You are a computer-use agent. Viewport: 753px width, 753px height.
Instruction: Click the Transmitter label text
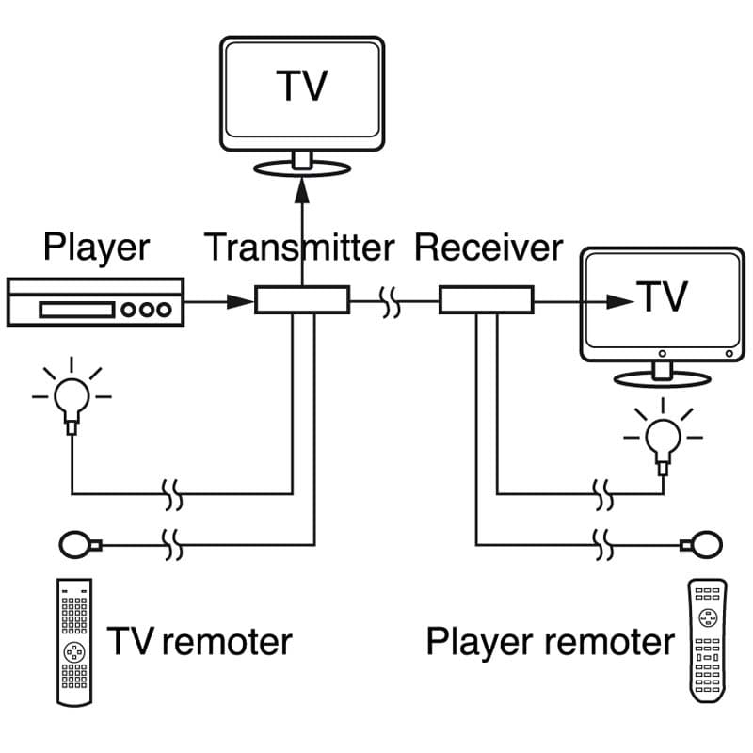[299, 248]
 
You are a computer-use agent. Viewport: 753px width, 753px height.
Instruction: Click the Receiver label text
[489, 248]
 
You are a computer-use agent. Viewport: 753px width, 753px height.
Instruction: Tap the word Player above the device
[96, 248]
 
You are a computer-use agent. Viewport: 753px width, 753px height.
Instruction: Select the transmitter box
[302, 300]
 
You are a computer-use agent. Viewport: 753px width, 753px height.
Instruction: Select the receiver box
[487, 301]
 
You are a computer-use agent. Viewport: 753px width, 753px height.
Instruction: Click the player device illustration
[93, 301]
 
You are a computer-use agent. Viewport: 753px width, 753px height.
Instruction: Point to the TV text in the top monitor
[301, 85]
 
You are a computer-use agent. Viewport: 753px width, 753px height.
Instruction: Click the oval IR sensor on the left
[76, 543]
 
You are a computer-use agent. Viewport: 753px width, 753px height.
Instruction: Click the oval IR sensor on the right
[702, 543]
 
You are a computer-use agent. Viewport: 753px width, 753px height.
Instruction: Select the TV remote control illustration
[74, 642]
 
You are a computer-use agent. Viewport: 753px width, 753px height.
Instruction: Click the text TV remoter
[200, 642]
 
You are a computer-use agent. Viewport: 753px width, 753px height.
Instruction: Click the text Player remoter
[550, 642]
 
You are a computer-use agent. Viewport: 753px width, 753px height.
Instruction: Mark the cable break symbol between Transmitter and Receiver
[393, 302]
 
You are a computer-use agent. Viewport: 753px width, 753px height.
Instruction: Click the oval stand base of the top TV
[301, 168]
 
